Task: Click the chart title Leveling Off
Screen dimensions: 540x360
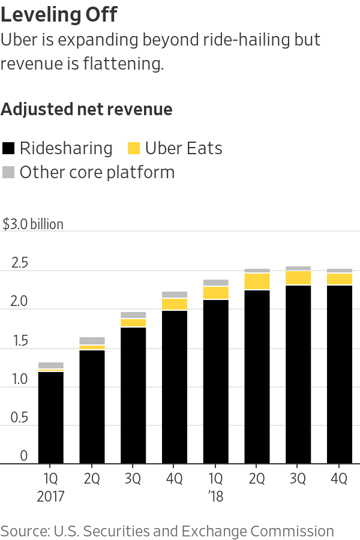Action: point(59,14)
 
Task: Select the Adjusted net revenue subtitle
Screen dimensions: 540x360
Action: point(86,109)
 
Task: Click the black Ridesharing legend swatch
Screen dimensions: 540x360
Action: point(8,148)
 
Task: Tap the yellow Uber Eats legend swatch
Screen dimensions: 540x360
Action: point(134,148)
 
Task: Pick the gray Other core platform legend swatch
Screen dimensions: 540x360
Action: point(8,173)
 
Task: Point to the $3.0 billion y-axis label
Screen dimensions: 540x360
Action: point(33,224)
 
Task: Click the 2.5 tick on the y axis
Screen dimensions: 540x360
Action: point(20,263)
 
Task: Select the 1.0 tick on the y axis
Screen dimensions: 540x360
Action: point(20,379)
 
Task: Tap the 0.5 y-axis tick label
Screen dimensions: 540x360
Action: point(20,418)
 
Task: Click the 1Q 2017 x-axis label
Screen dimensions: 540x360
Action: point(50,487)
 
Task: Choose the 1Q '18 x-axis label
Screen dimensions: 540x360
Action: point(215,487)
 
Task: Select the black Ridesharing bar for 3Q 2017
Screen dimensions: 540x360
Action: point(133,395)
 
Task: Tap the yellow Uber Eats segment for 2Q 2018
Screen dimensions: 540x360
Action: point(257,281)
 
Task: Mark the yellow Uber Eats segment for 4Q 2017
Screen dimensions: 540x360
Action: point(174,304)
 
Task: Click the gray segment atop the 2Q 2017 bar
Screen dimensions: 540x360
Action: point(92,341)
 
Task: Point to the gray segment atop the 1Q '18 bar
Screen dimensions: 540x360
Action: point(215,283)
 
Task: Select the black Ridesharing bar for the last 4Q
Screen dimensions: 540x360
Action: point(339,374)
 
